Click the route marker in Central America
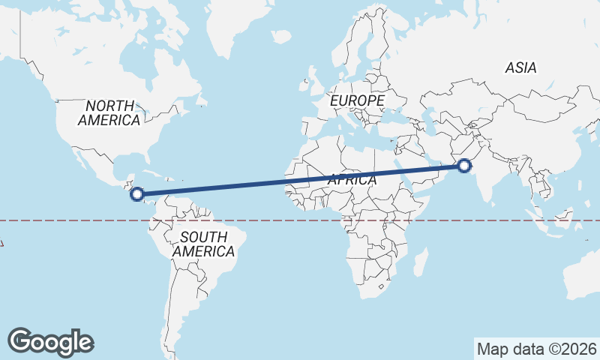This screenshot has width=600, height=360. (x=137, y=194)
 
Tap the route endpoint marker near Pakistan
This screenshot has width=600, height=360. (x=465, y=166)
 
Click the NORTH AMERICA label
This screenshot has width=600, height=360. (x=109, y=112)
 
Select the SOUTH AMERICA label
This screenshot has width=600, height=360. (x=204, y=244)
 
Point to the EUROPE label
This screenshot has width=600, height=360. (x=357, y=100)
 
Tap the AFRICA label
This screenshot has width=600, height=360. (x=351, y=180)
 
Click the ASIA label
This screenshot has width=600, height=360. (x=520, y=67)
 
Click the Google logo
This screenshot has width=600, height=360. (x=50, y=342)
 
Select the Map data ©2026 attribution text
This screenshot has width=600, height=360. (x=536, y=349)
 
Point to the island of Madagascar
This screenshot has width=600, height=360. (x=421, y=262)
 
